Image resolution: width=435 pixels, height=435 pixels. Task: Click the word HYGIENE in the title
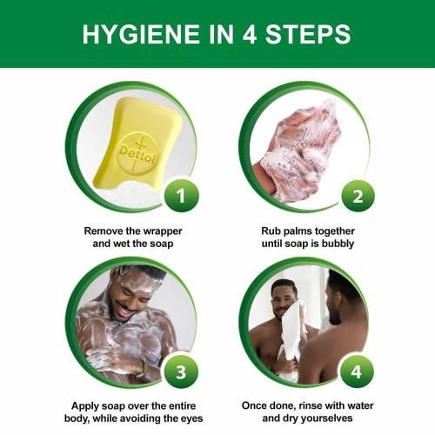click(x=141, y=34)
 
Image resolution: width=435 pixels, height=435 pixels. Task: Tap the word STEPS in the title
click(x=308, y=34)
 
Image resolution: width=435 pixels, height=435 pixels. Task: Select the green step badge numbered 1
click(x=181, y=196)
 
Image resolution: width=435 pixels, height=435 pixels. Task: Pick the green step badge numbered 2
click(x=358, y=197)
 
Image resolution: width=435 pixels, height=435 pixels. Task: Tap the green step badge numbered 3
click(x=181, y=372)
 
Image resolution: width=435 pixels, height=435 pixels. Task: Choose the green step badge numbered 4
click(x=357, y=371)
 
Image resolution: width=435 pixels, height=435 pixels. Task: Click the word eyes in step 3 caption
click(x=192, y=418)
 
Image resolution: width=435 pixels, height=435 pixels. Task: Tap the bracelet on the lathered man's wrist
click(x=143, y=368)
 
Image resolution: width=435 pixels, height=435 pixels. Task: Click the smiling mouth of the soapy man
click(x=125, y=311)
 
